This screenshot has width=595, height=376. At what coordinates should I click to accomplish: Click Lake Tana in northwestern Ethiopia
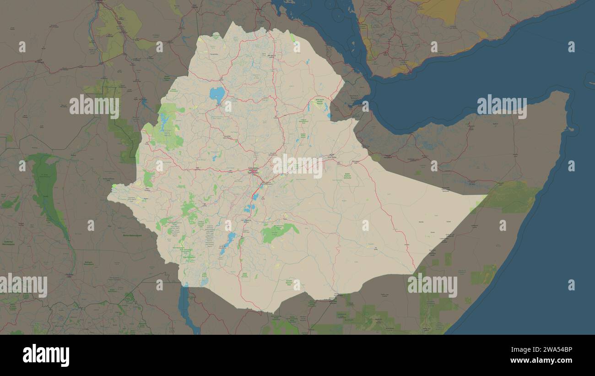[217, 95]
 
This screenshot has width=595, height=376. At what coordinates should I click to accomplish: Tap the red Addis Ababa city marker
[253, 172]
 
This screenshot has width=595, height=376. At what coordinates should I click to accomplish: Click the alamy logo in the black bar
[46, 356]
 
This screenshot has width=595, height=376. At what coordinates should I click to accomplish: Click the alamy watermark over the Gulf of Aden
[502, 107]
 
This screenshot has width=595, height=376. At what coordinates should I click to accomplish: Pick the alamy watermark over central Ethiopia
[297, 166]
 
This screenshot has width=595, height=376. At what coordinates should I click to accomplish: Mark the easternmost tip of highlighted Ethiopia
[485, 196]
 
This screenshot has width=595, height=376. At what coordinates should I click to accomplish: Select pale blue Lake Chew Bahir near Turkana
[204, 281]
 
